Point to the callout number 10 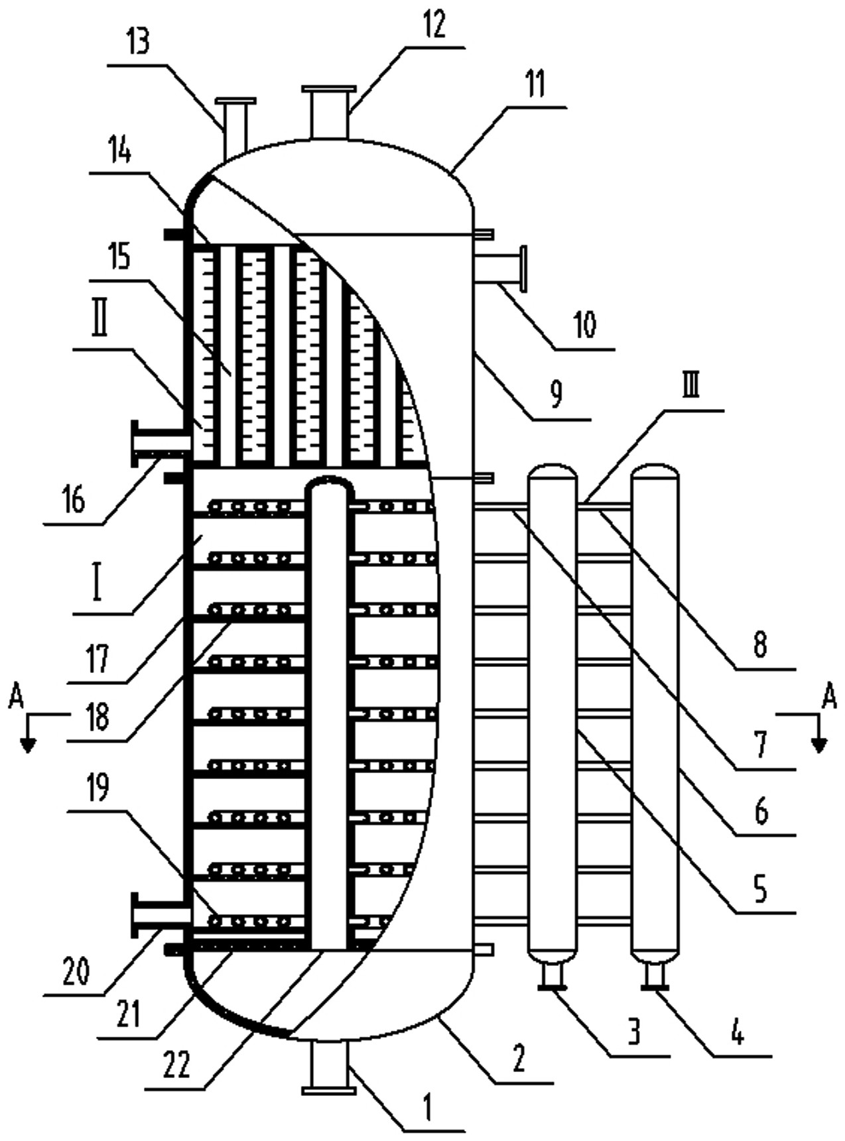[x=584, y=326]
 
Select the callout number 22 [x=176, y=1065]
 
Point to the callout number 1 [x=429, y=1107]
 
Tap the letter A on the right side [x=829, y=698]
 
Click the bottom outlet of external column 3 [x=551, y=979]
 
